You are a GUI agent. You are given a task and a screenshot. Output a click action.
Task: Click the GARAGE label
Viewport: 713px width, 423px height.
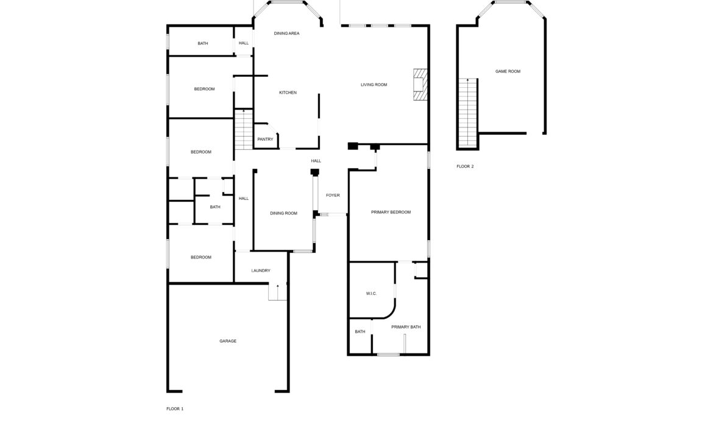(x=228, y=341)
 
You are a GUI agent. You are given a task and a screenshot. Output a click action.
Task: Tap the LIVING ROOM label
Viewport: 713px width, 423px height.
(x=374, y=85)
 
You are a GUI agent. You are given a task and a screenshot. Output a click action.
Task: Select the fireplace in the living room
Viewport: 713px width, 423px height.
(x=420, y=85)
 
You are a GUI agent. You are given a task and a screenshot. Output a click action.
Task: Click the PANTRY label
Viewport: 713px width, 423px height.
(x=265, y=139)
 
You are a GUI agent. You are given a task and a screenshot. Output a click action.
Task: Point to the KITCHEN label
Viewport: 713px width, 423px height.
(x=288, y=93)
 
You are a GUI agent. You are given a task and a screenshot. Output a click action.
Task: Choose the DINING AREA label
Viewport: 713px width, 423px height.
(x=286, y=33)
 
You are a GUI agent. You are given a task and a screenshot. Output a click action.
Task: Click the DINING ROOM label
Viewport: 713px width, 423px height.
(x=284, y=213)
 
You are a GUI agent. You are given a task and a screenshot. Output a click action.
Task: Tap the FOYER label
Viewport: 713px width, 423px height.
(x=333, y=195)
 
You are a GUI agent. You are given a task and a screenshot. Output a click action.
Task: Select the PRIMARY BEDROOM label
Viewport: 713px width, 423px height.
(x=391, y=212)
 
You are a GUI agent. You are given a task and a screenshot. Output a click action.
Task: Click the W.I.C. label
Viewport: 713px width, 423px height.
(x=371, y=294)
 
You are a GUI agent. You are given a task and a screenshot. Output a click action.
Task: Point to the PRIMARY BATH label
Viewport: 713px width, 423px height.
(x=406, y=327)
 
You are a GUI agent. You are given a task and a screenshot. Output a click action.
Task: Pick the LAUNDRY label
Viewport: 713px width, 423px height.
(x=261, y=271)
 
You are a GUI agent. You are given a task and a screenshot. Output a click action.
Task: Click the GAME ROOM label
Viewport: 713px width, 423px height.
(x=508, y=71)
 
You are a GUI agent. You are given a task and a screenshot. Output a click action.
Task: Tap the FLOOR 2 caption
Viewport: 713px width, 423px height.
(x=465, y=166)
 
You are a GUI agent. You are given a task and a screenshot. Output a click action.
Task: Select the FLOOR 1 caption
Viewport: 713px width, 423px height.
(x=175, y=409)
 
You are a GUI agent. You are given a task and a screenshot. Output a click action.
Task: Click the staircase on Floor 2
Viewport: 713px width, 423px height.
(x=467, y=113)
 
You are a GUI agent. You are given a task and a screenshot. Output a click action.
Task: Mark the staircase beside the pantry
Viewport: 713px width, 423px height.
(x=244, y=129)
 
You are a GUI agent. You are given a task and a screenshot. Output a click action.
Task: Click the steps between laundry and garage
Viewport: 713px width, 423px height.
(x=277, y=291)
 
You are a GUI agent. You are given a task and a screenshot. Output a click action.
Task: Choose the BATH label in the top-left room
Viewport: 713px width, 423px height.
(x=203, y=44)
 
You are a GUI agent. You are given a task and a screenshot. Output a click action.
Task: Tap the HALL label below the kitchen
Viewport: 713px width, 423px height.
(x=316, y=161)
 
